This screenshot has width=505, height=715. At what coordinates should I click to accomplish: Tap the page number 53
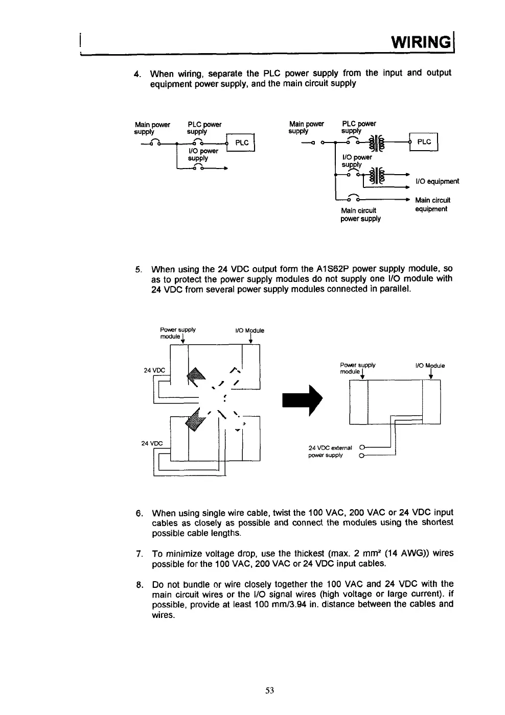click(x=270, y=690)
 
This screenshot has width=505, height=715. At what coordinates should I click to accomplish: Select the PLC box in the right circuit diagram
click(x=424, y=142)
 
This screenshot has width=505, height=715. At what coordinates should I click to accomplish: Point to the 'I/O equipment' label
click(x=438, y=181)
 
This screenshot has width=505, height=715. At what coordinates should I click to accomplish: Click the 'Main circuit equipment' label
click(x=432, y=204)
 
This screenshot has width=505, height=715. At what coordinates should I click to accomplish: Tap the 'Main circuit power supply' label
click(x=360, y=214)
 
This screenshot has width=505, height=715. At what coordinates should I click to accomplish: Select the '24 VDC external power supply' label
click(x=330, y=451)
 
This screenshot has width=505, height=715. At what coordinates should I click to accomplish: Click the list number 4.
click(x=136, y=74)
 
